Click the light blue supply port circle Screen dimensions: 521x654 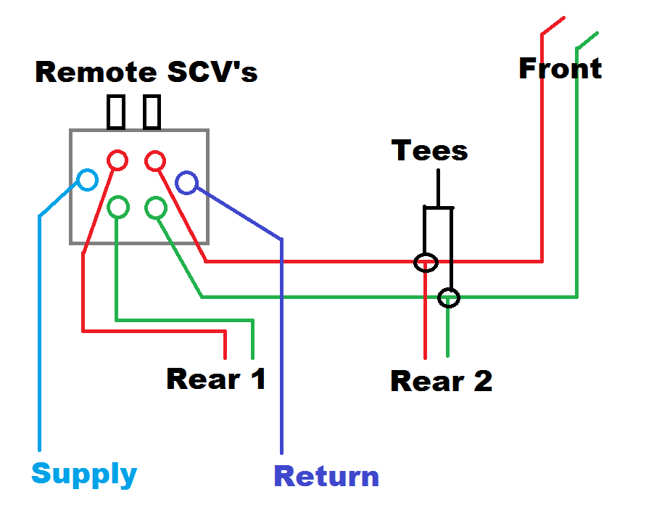tap(87, 179)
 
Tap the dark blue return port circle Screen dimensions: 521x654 tap(186, 183)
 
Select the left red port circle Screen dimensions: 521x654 tap(117, 160)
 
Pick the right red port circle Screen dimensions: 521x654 tap(154, 160)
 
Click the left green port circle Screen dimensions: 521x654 tap(118, 208)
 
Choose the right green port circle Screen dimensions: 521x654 tap(156, 208)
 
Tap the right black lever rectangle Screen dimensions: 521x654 tap(152, 112)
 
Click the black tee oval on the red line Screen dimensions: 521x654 tap(426, 262)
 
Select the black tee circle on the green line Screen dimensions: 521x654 tap(450, 297)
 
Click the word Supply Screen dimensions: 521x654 tap(84, 475)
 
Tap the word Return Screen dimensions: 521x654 tap(326, 477)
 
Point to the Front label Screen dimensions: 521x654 tap(560, 69)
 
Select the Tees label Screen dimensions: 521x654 tap(430, 151)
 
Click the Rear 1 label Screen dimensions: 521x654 tap(216, 378)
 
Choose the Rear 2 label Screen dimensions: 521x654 tap(441, 381)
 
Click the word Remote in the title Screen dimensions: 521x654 tap(96, 73)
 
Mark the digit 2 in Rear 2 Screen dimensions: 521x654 tap(481, 381)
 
